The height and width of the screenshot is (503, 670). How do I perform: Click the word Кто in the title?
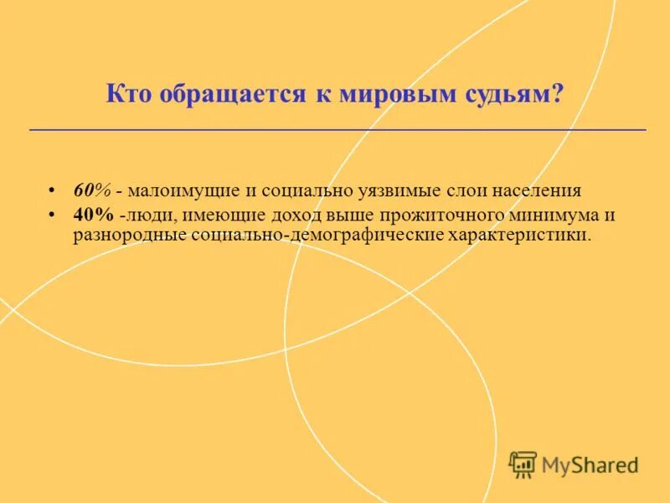[126, 94]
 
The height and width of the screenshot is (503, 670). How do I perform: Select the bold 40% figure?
[92, 215]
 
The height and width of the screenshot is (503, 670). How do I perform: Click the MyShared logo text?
[589, 464]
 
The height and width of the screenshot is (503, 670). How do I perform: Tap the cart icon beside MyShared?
[523, 464]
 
